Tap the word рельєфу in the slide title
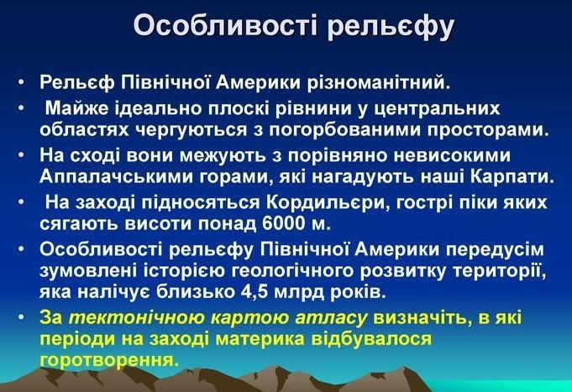tap(391, 27)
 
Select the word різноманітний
tap(378, 82)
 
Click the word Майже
tap(76, 108)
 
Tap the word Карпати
tap(512, 177)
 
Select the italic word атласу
tap(331, 318)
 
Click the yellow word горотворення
tap(109, 360)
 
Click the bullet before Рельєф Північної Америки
tap(21, 83)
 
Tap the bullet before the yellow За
tap(21, 317)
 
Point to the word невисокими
tap(453, 155)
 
